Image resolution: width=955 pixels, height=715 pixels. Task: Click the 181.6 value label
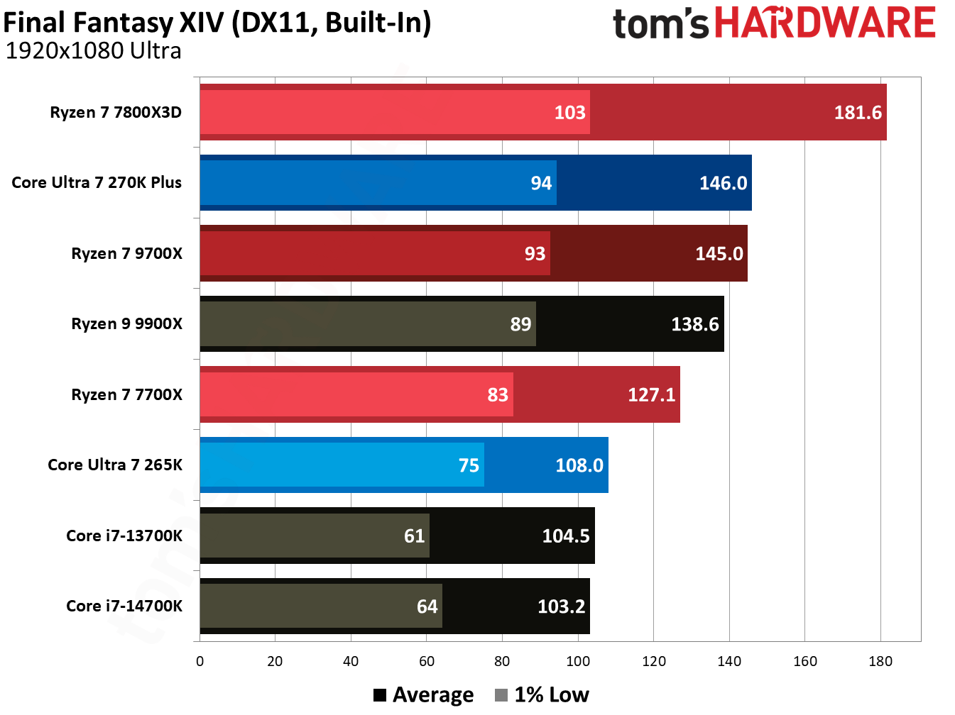tap(857, 113)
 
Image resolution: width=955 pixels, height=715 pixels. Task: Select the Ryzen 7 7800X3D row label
tap(116, 113)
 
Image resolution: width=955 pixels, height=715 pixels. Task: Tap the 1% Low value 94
tap(541, 183)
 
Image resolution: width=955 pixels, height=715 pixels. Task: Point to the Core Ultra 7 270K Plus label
tap(97, 183)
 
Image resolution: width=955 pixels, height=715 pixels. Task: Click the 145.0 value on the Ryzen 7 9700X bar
tap(719, 254)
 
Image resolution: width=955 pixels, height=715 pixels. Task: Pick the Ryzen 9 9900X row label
tap(126, 324)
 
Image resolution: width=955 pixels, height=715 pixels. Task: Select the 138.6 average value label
tap(694, 324)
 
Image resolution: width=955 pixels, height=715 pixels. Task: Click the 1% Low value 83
tap(498, 394)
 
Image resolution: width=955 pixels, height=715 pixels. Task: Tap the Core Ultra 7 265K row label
tap(115, 465)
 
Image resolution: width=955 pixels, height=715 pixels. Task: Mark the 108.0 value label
tap(579, 465)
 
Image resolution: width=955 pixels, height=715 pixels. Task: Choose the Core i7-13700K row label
tap(124, 536)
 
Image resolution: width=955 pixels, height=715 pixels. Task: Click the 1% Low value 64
tap(427, 606)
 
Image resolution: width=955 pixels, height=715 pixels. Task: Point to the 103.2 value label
tap(561, 606)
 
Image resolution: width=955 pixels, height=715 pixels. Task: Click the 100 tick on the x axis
tap(578, 662)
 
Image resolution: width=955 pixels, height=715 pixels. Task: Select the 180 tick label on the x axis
tap(880, 662)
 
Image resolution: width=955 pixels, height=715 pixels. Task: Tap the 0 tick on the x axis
tap(200, 662)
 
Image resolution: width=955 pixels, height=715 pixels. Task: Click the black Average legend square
tap(380, 695)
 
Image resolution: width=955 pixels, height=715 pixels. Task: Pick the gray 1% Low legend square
tap(501, 695)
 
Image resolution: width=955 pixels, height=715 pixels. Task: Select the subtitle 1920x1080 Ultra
tap(93, 51)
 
